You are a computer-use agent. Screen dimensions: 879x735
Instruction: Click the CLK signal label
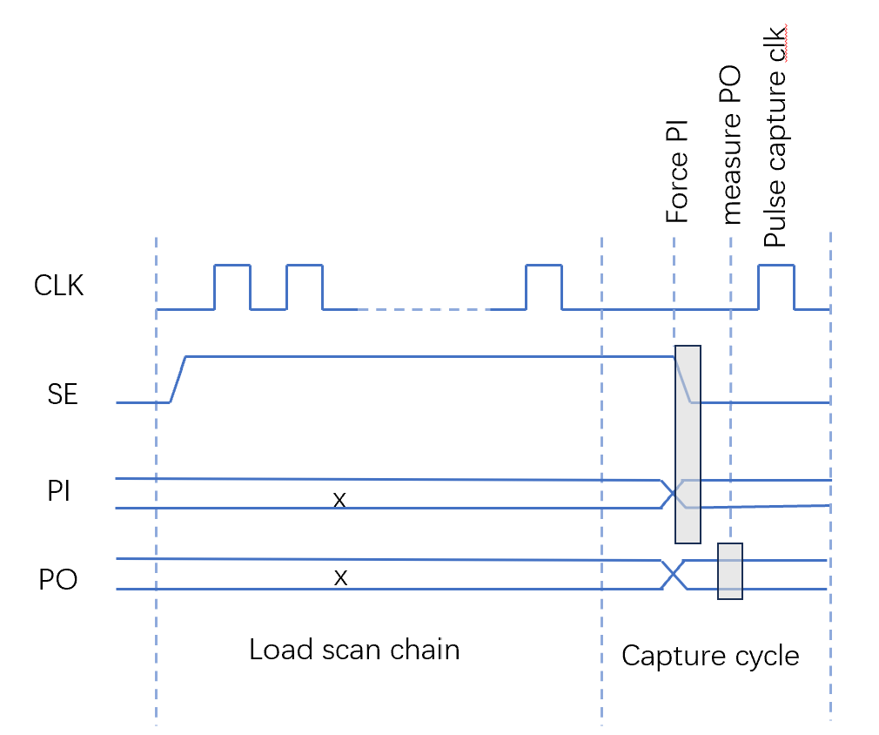pos(59,285)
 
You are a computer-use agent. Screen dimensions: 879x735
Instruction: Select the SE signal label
pos(62,394)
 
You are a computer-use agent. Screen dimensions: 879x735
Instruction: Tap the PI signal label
pos(58,491)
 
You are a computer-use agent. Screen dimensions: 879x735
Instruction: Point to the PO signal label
pos(57,579)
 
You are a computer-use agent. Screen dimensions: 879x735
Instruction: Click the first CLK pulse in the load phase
pos(232,266)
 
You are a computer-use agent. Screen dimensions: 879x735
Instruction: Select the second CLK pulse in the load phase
pos(305,266)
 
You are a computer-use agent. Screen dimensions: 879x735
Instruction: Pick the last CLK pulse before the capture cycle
pos(544,266)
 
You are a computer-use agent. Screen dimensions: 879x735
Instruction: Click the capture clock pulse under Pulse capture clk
pos(776,266)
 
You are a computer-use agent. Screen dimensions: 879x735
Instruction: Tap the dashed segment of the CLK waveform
pos(425,309)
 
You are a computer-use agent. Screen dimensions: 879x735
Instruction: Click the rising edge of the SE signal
pos(178,380)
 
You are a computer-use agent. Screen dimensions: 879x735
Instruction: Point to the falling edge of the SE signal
pos(683,380)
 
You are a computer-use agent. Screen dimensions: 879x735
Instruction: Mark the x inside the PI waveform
pos(339,500)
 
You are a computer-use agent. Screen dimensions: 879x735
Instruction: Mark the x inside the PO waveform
pos(340,578)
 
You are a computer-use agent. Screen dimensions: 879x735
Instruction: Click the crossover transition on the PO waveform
pos(674,575)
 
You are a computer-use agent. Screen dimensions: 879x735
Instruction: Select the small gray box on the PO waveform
pos(730,571)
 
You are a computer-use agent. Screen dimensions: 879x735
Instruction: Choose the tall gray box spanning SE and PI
pos(688,444)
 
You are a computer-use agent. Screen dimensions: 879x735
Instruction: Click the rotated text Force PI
pos(676,172)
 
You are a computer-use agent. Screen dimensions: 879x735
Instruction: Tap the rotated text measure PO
pos(730,145)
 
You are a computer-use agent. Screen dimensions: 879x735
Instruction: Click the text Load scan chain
pos(354,650)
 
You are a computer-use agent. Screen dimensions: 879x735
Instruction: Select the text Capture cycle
pos(710,657)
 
